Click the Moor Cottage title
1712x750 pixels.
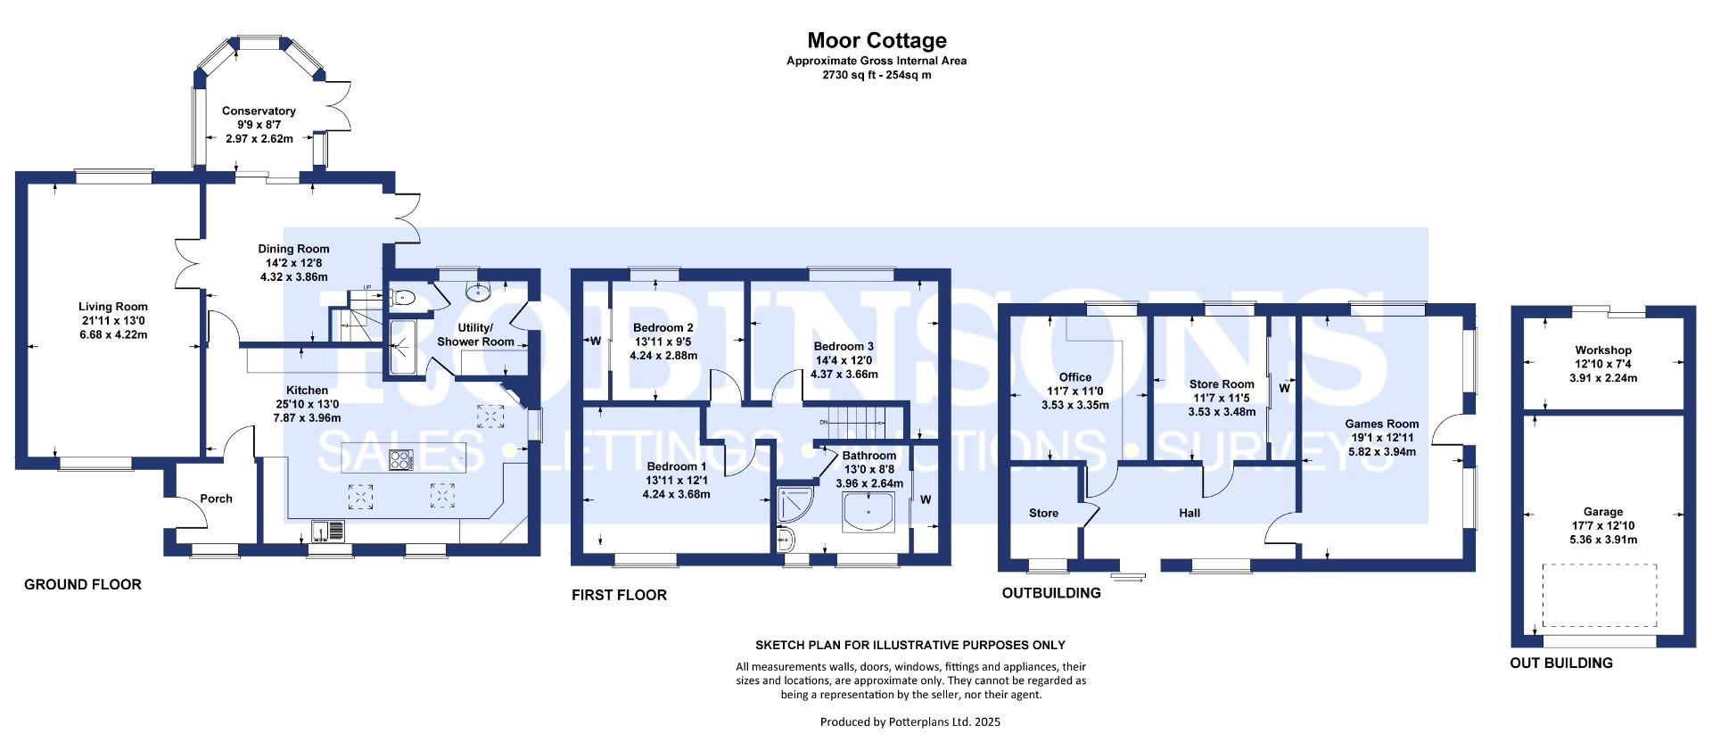tap(877, 40)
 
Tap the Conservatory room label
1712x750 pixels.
tap(259, 111)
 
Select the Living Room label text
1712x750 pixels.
tap(112, 307)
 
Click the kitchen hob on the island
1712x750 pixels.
tap(401, 460)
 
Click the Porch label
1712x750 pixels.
tap(216, 499)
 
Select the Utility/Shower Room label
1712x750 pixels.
tap(475, 335)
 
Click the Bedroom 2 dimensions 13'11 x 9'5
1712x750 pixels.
tap(663, 342)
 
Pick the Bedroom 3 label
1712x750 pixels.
tap(844, 346)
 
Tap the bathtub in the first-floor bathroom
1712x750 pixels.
tap(868, 514)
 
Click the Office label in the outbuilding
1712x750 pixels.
tap(1074, 377)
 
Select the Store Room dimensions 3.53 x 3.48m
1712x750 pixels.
tap(1222, 412)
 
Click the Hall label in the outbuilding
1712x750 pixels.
tap(1189, 513)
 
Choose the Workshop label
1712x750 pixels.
tap(1602, 350)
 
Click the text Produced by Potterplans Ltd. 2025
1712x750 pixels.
tap(909, 721)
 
